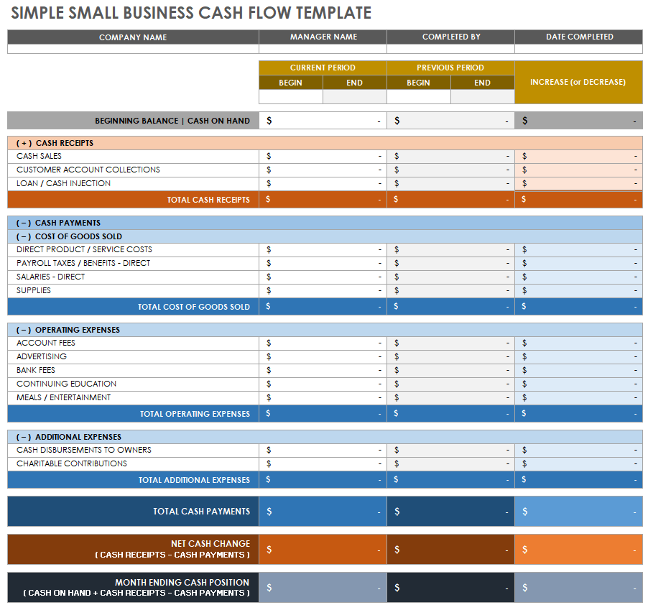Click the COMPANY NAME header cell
point(133,37)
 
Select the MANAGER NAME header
point(323,37)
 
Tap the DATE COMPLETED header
point(579,37)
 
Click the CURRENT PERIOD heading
point(323,68)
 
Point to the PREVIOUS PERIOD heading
point(450,68)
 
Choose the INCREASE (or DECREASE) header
point(578,82)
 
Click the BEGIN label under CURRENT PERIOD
point(290,83)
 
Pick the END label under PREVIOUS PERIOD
point(482,83)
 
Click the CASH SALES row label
point(39,156)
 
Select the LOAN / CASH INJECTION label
point(63,183)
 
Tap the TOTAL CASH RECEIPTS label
point(208,200)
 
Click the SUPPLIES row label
point(34,290)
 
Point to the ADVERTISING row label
point(42,356)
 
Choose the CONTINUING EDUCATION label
point(66,384)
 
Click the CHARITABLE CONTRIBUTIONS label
point(72,463)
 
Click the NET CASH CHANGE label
point(210,544)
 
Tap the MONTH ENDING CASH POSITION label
point(182,582)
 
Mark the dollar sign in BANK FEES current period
point(269,370)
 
